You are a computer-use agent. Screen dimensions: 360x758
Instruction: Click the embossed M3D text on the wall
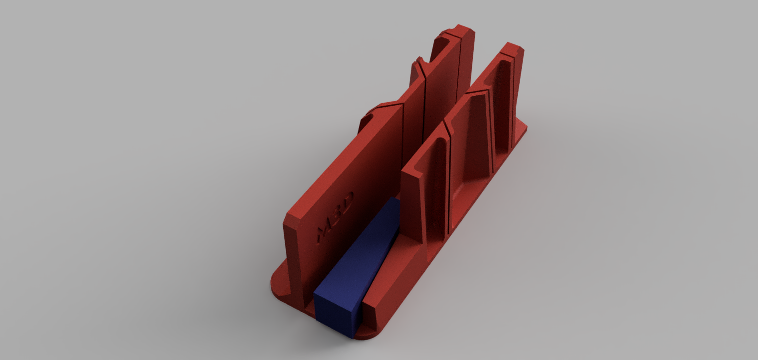(335, 217)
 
